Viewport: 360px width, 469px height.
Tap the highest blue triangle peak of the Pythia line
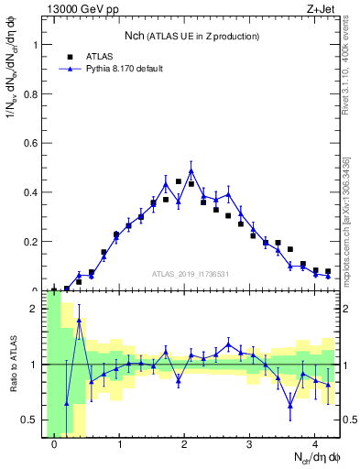[x=191, y=170]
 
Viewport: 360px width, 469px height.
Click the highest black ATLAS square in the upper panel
[x=178, y=181]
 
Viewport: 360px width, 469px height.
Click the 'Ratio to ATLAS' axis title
[x=12, y=365]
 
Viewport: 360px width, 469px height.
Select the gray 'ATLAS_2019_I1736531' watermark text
[x=191, y=274]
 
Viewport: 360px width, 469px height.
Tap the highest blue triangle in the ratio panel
[x=79, y=322]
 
